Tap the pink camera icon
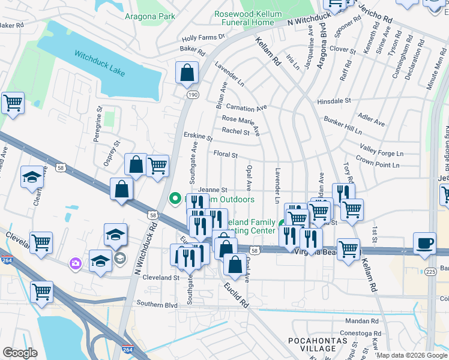pyautogui.click(x=75, y=263)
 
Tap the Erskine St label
pyautogui.click(x=198, y=137)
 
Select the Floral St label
pyautogui.click(x=226, y=155)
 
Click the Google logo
pyautogui.click(x=20, y=353)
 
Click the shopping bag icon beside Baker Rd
pyautogui.click(x=187, y=73)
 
